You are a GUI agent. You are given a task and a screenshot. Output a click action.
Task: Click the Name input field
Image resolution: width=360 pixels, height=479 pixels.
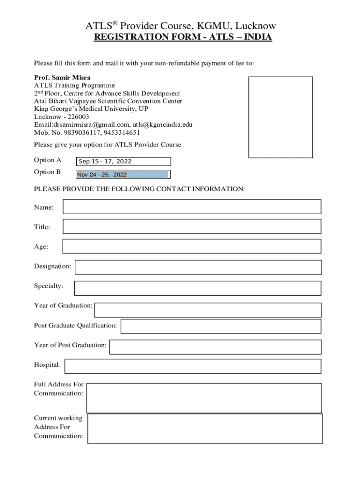[x=192, y=207]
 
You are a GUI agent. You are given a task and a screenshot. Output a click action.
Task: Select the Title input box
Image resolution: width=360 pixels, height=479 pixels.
[x=192, y=226]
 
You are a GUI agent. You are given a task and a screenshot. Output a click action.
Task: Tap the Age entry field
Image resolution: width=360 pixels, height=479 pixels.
[x=192, y=246]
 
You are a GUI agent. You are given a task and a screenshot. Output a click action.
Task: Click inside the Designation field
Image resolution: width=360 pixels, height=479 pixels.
[x=198, y=267]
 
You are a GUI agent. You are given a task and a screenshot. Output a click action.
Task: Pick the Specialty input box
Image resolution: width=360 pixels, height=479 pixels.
[x=197, y=288]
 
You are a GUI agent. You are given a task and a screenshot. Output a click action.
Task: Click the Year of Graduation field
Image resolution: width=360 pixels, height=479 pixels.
[x=208, y=310]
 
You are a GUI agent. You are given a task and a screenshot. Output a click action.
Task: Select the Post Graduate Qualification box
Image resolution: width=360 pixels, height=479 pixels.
[x=221, y=326]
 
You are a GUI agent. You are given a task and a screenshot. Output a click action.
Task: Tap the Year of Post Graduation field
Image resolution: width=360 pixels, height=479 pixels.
[x=215, y=347]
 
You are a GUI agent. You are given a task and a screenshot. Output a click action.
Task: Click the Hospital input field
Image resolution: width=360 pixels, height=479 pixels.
[x=193, y=366]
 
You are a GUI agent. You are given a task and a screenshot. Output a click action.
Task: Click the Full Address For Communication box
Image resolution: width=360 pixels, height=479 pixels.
[x=204, y=398]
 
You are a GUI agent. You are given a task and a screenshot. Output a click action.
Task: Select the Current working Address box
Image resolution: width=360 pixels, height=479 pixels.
[x=205, y=428]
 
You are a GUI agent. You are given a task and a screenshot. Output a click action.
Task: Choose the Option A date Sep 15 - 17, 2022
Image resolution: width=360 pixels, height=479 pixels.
[x=123, y=161]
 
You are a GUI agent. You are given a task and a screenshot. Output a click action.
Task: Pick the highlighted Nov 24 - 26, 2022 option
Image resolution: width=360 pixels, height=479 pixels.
[x=122, y=174]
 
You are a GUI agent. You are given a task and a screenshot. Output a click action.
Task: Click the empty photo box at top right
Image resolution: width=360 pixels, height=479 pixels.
[x=281, y=117]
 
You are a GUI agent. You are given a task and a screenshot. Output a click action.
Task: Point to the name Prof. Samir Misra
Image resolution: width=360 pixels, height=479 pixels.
[x=62, y=78]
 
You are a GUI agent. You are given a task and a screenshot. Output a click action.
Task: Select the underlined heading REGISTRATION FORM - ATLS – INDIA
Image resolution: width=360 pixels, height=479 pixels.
[x=183, y=37]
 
